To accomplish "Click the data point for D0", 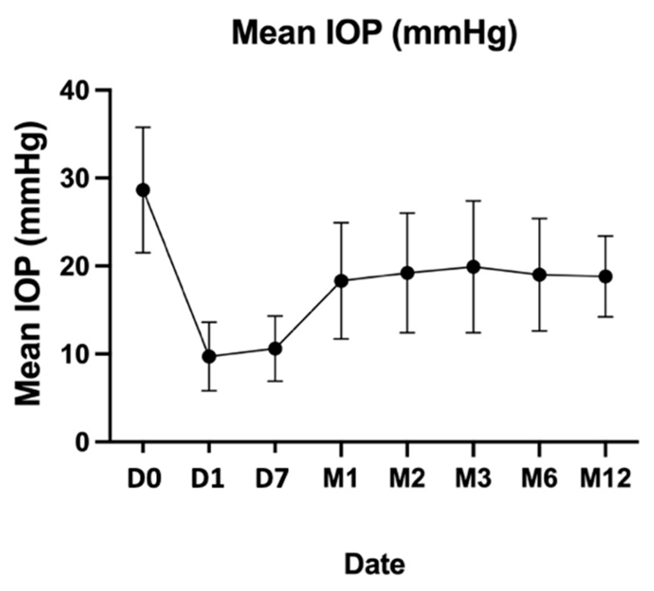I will [x=142, y=190].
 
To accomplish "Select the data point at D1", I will [x=209, y=356].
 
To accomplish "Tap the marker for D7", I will [x=275, y=348].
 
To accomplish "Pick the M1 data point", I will [x=341, y=281].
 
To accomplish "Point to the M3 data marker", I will [x=474, y=266].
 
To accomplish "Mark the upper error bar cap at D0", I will [x=142, y=127].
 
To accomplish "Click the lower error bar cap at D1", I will [x=209, y=391].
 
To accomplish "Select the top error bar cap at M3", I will [x=474, y=201].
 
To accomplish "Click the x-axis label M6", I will [x=539, y=479].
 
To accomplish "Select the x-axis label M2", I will [x=407, y=479].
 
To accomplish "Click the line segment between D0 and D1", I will [x=175, y=273].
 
